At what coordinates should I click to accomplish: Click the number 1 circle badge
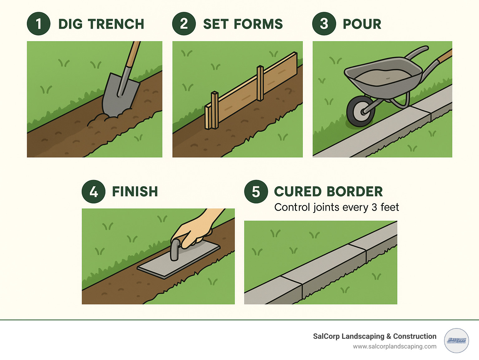coord(38,24)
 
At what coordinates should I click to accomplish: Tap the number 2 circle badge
coord(184,24)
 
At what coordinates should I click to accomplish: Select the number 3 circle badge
coord(324,24)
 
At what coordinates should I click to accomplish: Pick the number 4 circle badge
coord(94,192)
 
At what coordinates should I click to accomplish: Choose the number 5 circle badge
coord(256,192)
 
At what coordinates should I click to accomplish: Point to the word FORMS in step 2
coord(258,24)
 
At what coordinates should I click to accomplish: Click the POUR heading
coord(362,24)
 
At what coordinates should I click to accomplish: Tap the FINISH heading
coord(135,192)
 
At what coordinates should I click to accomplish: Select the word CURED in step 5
coord(298,192)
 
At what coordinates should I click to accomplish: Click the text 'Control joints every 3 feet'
coord(336,207)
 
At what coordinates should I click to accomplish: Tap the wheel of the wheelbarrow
coord(360,111)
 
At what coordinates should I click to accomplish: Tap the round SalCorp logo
coord(456,340)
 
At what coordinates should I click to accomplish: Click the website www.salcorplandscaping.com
coord(394,347)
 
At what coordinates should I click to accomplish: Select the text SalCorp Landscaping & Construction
coord(375,336)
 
